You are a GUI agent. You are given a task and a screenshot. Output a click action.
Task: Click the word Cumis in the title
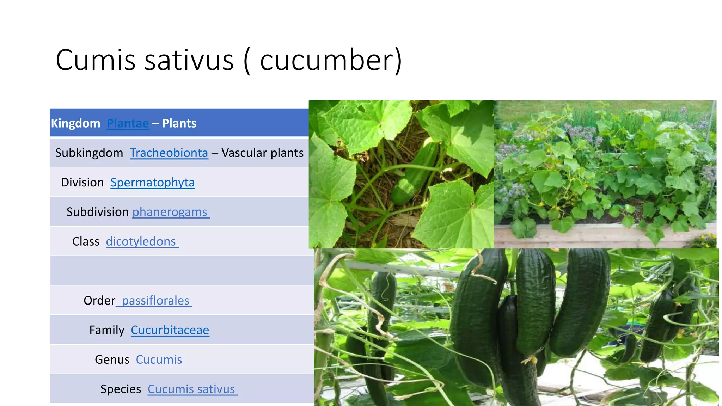95,60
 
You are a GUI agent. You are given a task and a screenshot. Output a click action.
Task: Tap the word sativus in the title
189,60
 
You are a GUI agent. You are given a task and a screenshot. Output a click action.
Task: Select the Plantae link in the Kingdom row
128,123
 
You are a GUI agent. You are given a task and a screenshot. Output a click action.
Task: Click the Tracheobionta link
169,153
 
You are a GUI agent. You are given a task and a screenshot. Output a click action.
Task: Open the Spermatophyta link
152,183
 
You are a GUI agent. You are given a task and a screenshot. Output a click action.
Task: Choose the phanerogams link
170,212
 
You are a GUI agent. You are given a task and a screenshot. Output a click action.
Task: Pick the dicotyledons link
141,242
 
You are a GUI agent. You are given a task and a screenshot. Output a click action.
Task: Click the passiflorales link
155,301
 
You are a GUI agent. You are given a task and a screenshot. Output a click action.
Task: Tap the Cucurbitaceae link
170,330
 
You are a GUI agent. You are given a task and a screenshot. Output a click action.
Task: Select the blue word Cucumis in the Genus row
159,359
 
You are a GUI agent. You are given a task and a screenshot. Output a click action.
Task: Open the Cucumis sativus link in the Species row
191,389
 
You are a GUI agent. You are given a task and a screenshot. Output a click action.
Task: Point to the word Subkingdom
89,153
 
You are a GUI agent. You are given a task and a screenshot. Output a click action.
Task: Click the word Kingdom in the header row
76,123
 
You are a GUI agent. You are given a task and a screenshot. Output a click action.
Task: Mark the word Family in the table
107,330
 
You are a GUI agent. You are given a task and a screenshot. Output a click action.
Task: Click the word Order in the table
99,301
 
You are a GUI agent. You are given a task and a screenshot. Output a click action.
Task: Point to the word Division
82,183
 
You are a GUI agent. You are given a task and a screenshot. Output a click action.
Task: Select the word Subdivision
98,212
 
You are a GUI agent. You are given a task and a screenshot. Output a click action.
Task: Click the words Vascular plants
263,153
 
